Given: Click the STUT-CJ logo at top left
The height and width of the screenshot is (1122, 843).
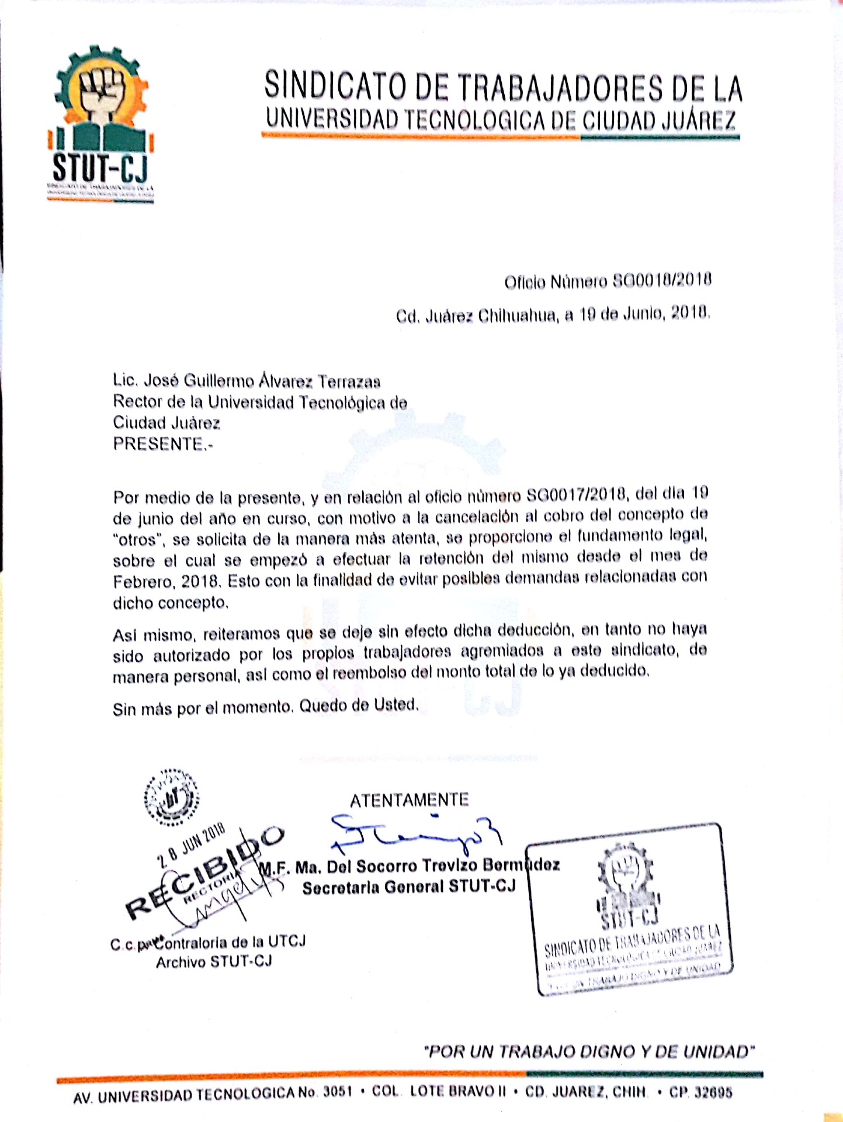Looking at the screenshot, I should coord(100,126).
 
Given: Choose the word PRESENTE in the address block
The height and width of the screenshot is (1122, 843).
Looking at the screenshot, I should coord(158,444).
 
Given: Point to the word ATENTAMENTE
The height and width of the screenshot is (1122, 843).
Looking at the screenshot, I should coord(409,799).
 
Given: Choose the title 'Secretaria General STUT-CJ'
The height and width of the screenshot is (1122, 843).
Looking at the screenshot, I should coord(409,887).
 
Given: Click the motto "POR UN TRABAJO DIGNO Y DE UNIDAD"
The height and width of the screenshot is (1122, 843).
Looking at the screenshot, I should coord(589,1052).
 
